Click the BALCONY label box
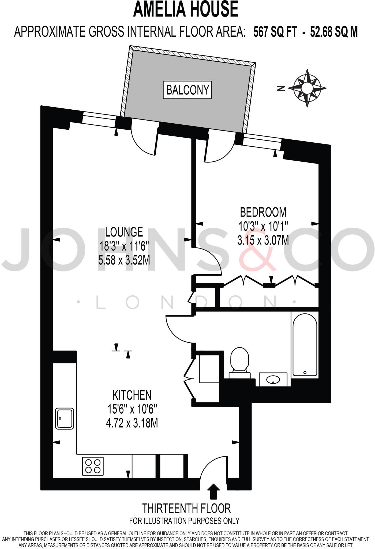pyautogui.click(x=187, y=90)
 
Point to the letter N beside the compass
pyautogui.click(x=281, y=88)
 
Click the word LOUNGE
pyautogui.click(x=124, y=232)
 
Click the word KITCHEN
pyautogui.click(x=132, y=395)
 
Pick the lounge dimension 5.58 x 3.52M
pyautogui.click(x=124, y=260)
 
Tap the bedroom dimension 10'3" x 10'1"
pyautogui.click(x=263, y=227)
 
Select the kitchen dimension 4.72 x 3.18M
pyautogui.click(x=132, y=423)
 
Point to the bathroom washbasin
pyautogui.click(x=273, y=379)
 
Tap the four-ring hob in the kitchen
pyautogui.click(x=93, y=466)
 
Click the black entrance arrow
pyautogui.click(x=213, y=491)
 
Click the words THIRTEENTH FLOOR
pyautogui.click(x=186, y=508)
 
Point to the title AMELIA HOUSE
pyautogui.click(x=186, y=9)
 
